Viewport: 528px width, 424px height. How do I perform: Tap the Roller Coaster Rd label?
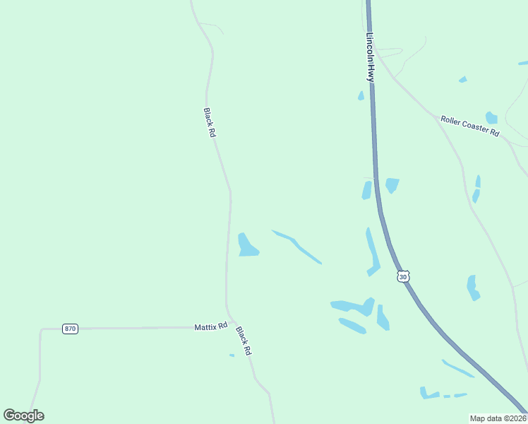(x=469, y=126)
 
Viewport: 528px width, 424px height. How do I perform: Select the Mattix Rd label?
(x=211, y=326)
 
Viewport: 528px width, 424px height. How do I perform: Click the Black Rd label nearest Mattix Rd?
(x=244, y=340)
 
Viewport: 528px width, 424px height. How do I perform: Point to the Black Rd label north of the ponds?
(x=209, y=122)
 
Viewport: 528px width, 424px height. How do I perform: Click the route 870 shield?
(x=69, y=329)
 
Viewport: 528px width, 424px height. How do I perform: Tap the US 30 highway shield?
(x=402, y=277)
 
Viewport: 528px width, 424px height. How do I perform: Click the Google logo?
(x=23, y=416)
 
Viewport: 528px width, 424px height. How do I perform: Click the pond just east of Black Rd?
(x=247, y=245)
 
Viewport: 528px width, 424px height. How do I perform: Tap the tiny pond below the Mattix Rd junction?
(x=232, y=355)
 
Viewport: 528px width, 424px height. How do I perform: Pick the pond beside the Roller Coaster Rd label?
(x=491, y=117)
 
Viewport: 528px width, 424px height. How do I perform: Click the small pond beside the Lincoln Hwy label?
(x=361, y=95)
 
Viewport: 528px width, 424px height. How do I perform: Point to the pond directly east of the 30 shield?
(x=473, y=288)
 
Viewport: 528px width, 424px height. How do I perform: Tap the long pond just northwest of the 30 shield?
(x=372, y=251)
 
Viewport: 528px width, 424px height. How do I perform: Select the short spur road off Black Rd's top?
(x=212, y=26)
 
